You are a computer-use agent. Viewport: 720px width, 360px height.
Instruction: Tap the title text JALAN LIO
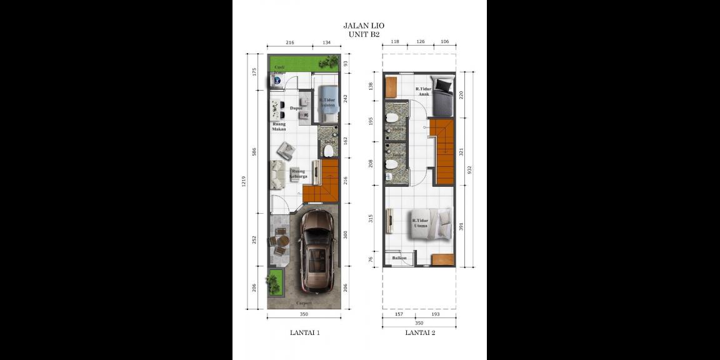coord(364,26)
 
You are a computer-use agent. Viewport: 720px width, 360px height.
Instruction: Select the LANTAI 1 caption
coord(305,333)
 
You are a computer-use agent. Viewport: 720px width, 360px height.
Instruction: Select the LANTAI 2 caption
coord(420,333)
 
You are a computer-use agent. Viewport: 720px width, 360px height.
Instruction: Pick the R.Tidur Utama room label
coord(420,222)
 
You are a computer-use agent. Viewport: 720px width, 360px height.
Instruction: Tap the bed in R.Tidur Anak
coord(444,92)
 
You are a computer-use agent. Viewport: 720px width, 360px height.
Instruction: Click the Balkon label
coord(399,257)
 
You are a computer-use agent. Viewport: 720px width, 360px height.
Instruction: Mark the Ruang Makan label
coord(279,126)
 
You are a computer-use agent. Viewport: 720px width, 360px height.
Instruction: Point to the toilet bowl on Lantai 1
coord(329,151)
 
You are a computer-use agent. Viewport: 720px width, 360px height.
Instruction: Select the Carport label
coord(304,303)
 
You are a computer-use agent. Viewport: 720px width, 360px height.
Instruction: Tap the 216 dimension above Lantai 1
coord(290,42)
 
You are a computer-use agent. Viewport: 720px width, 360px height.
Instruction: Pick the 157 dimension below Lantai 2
coord(399,314)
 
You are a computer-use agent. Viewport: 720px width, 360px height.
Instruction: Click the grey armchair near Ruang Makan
coord(286,150)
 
